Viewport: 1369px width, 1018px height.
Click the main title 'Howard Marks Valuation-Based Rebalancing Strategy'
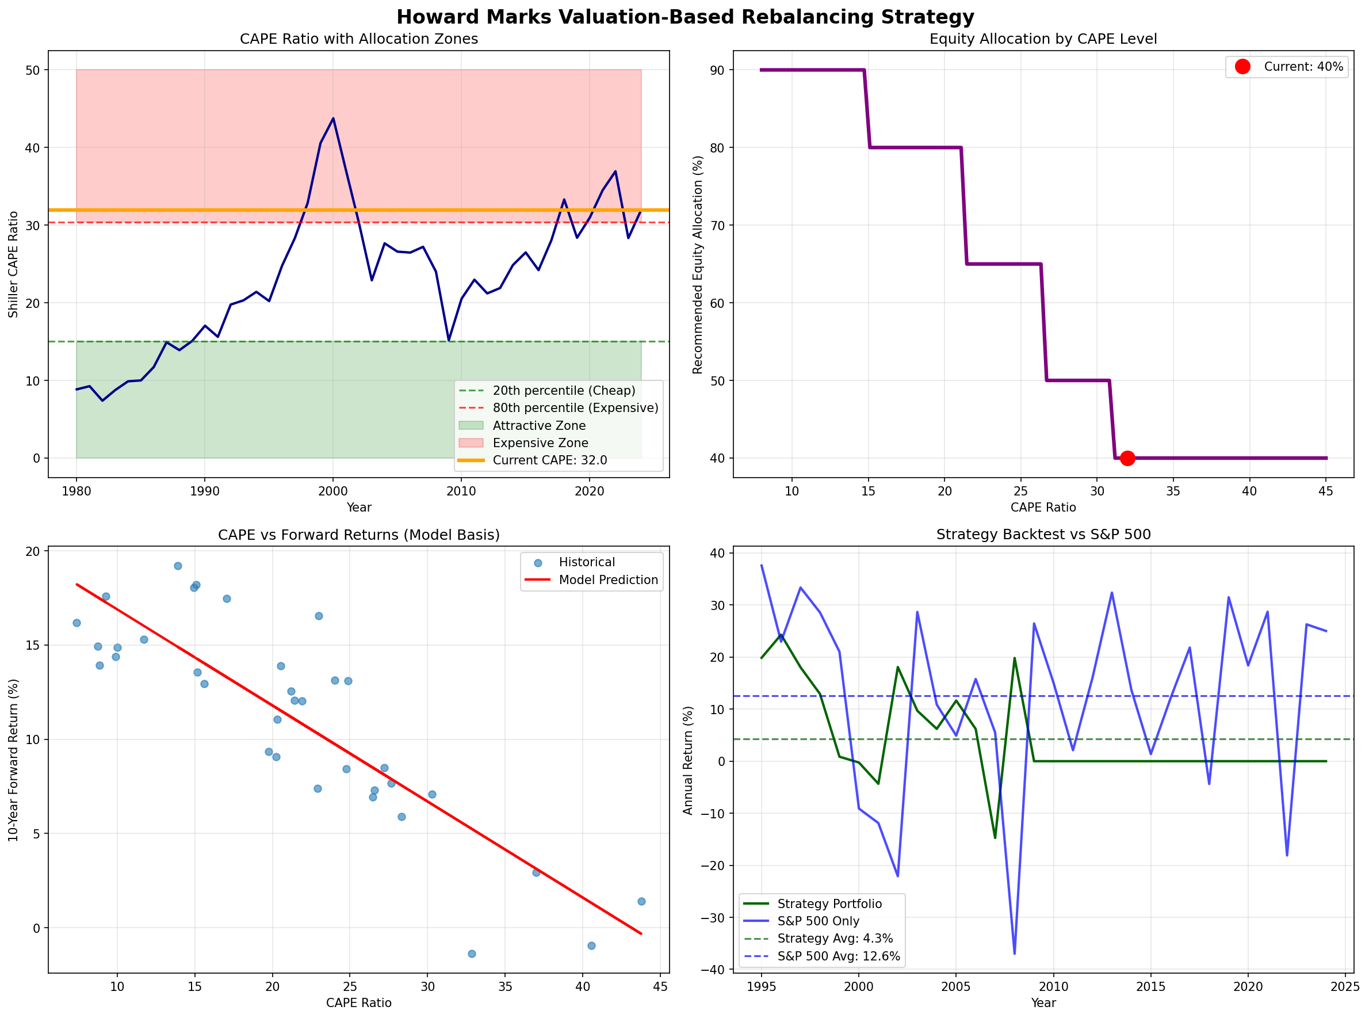685,17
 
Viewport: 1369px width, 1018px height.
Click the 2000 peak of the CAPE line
333,119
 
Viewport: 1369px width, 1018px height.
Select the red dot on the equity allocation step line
1127,458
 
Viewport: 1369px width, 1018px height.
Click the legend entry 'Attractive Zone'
539,426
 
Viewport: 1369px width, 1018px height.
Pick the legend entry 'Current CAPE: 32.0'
549,460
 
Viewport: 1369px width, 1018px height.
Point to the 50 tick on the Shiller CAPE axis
32,70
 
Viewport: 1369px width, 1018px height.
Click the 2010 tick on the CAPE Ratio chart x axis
461,491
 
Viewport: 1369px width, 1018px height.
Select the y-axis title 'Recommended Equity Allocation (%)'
698,264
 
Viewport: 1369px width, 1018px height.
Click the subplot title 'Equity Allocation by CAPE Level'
1043,39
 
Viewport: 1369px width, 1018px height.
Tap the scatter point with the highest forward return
178,566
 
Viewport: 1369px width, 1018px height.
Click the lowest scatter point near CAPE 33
472,954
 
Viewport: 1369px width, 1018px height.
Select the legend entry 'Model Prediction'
608,580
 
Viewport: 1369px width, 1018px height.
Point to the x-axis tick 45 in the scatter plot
660,986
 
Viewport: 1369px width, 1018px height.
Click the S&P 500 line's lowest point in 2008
1014,954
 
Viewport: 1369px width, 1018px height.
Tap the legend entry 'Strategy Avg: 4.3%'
835,939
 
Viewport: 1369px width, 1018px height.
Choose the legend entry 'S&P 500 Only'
818,921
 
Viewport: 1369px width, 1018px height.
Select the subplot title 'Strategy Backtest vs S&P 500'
1043,534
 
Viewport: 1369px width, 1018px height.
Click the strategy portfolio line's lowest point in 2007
995,837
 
